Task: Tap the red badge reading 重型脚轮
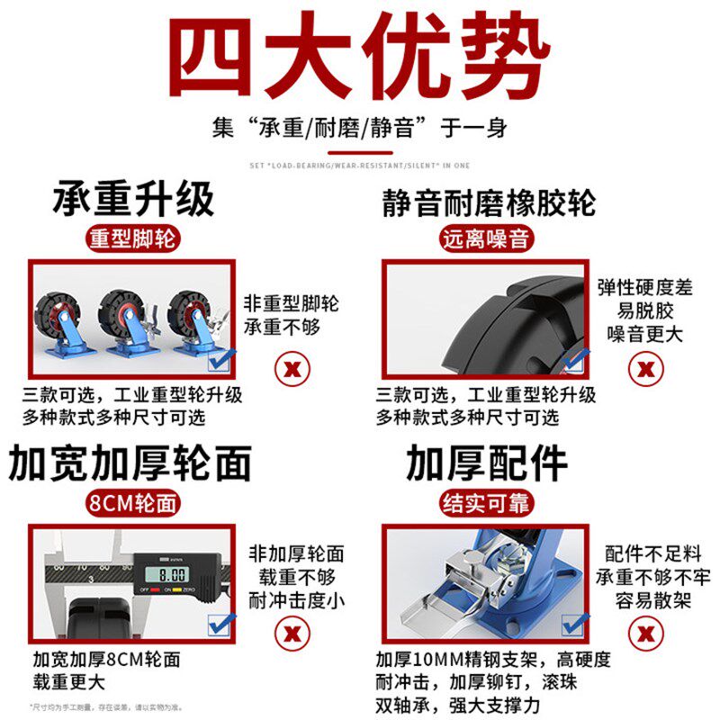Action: coord(133,239)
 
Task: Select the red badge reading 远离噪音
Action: coord(487,239)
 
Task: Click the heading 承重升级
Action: coord(133,198)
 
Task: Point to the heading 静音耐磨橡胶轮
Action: coord(487,201)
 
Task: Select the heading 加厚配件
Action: coord(487,463)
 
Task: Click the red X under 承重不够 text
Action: coord(292,368)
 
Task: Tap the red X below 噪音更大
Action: coord(644,368)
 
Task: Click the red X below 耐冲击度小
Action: coord(292,633)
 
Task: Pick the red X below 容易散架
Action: coord(644,633)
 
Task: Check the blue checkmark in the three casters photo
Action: coord(220,361)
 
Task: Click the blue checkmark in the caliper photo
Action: coord(220,624)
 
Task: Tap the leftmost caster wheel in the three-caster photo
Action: coord(60,319)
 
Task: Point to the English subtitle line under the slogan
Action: coord(359,165)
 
